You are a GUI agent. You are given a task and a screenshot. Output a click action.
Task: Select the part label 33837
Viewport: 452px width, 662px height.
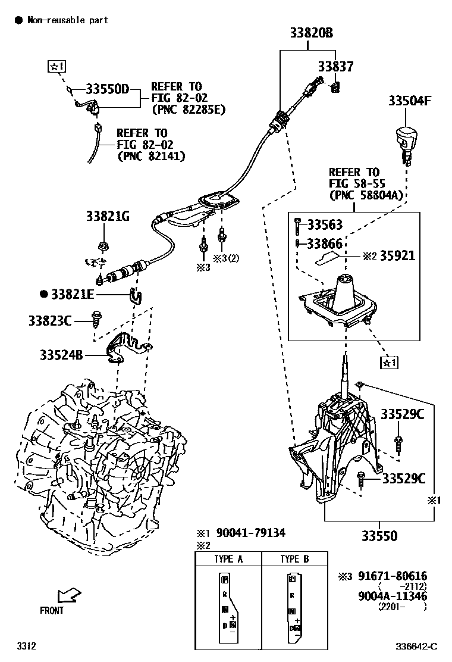(x=335, y=67)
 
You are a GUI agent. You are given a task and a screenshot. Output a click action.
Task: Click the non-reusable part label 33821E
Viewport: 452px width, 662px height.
(x=74, y=294)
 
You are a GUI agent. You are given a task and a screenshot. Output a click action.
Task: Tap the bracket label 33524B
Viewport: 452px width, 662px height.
(x=61, y=355)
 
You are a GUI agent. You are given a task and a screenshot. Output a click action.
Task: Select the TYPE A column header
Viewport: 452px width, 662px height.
(x=228, y=559)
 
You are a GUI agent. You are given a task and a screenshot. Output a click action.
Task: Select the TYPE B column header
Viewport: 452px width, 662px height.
(x=294, y=559)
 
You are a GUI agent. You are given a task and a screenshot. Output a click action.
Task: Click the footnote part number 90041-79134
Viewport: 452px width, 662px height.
(x=250, y=532)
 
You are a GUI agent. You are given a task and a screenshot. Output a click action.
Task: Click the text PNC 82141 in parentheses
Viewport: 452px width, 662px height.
(x=151, y=156)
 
